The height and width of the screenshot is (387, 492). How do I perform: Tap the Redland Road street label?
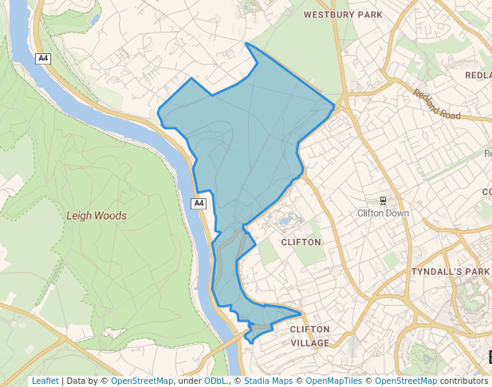437,104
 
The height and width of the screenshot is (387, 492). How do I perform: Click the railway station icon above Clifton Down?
384,200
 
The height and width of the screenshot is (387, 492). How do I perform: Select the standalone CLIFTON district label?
301,241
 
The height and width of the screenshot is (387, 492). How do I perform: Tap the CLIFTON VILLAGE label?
309,335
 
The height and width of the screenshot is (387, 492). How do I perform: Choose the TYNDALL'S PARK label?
450,272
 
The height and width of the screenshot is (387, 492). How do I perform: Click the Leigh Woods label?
96,215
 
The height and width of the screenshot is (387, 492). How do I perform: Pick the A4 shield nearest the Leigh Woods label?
199,204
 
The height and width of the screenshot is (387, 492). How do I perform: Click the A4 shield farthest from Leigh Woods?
45,59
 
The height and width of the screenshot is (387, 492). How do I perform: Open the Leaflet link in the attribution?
45,381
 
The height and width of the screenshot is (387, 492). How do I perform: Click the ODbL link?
215,381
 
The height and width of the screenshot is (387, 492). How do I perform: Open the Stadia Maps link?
268,381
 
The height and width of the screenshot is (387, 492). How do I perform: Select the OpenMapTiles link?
334,381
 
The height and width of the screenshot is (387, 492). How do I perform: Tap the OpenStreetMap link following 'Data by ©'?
142,381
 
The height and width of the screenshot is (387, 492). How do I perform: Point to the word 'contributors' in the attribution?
464,381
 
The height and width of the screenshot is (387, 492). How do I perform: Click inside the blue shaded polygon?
247,143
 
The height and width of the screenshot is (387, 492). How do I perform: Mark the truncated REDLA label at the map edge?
478,75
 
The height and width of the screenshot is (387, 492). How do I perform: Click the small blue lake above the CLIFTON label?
287,217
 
